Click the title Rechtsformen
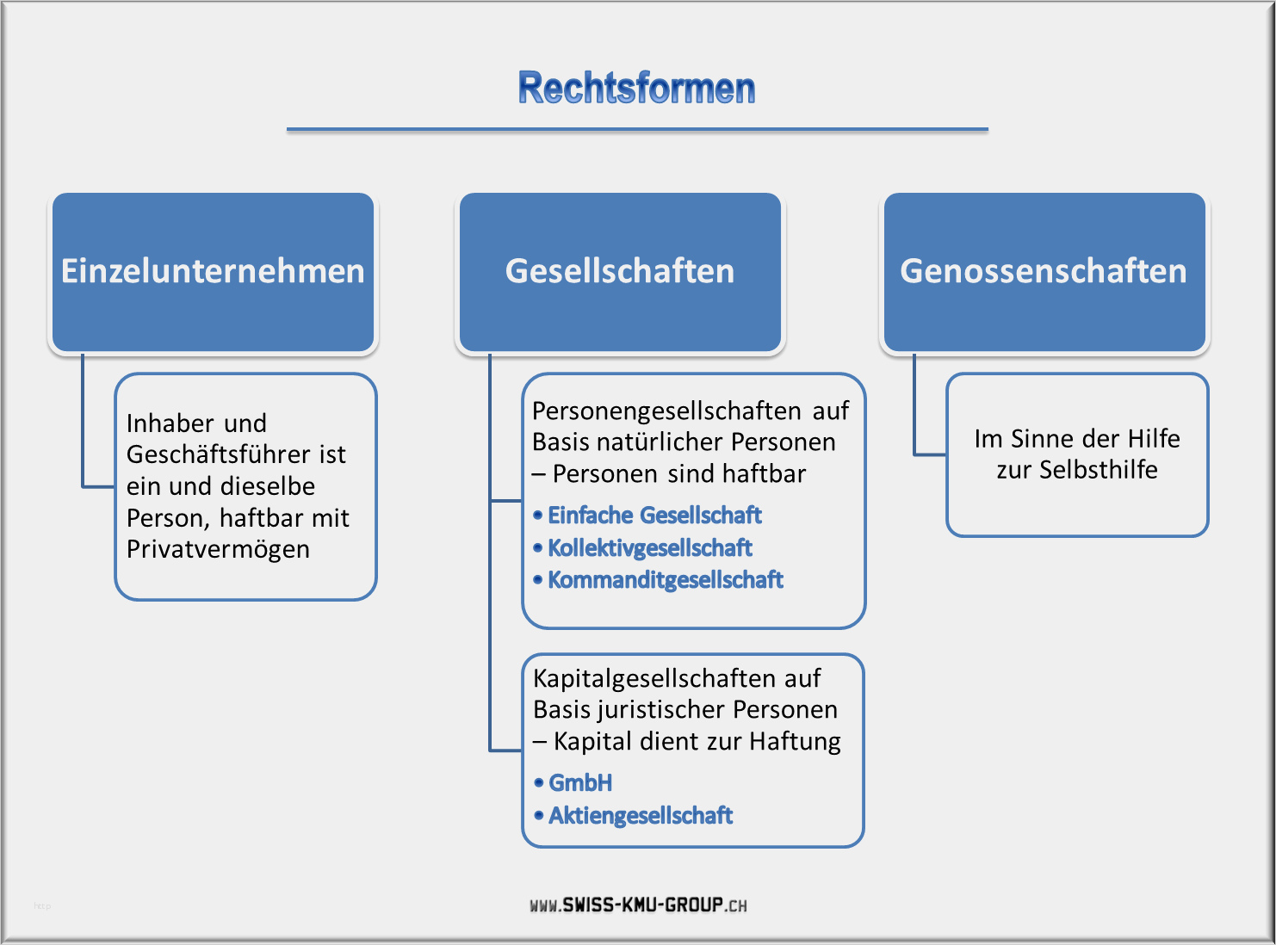tap(636, 88)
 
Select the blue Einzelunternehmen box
tap(213, 272)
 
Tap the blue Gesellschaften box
tap(620, 272)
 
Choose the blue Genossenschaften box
tap(1044, 272)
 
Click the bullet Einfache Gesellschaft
tap(647, 516)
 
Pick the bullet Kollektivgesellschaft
tap(642, 548)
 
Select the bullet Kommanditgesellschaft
tap(658, 580)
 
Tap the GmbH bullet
tap(573, 783)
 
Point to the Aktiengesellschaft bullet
tap(634, 816)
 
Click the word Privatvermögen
tap(218, 550)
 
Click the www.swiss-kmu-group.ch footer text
tap(638, 905)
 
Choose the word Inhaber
tap(170, 423)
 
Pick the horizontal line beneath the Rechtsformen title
tap(637, 130)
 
